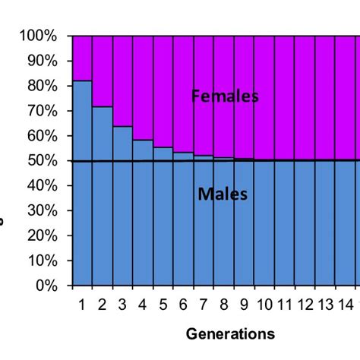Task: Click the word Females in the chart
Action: click(x=226, y=96)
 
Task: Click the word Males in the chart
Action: click(x=223, y=194)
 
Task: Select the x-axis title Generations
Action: click(x=229, y=333)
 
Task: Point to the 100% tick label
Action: click(x=42, y=36)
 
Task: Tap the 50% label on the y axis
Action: click(x=45, y=161)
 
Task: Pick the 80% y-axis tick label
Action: click(x=45, y=86)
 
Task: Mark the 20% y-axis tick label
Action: click(x=45, y=236)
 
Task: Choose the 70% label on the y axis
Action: click(x=45, y=111)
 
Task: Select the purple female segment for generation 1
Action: click(x=82, y=58)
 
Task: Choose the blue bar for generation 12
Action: click(x=305, y=228)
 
